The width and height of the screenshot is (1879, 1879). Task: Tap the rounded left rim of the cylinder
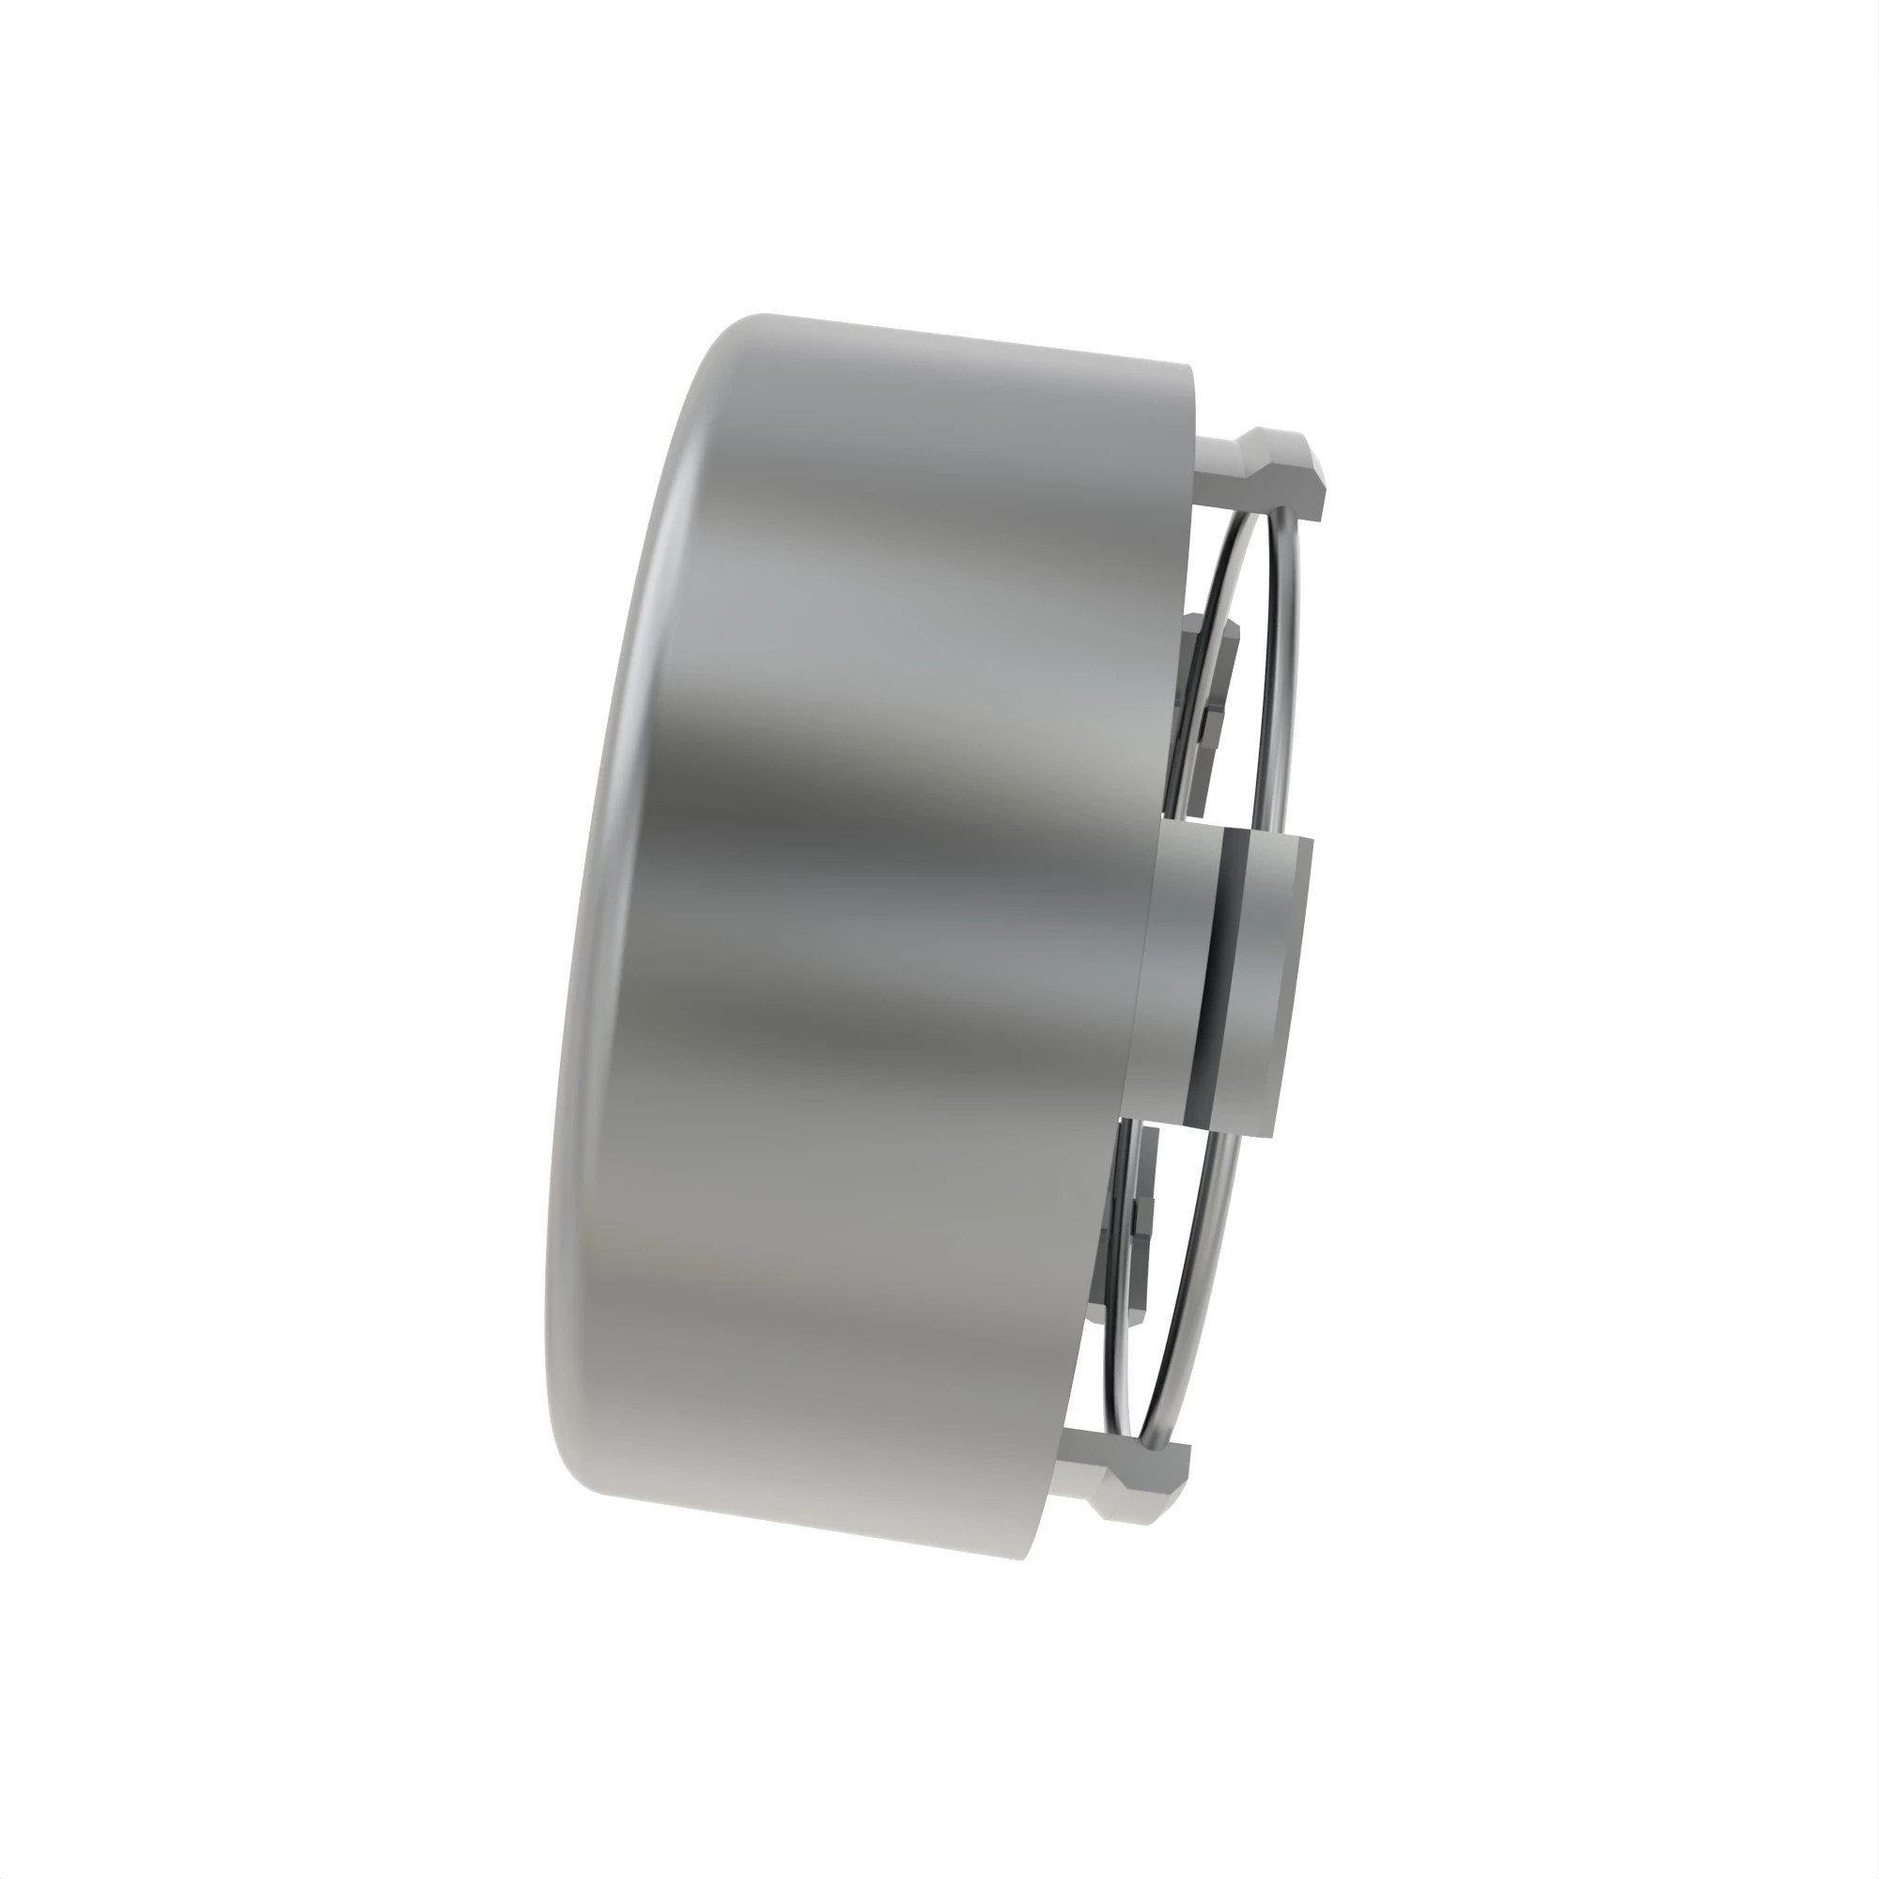(583, 972)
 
